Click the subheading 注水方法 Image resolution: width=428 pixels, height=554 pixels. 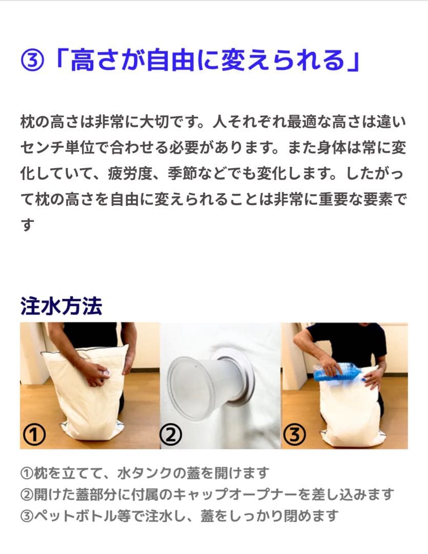61,306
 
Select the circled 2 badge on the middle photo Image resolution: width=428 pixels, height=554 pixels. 171,435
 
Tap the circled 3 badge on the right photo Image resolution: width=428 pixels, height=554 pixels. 294,435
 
